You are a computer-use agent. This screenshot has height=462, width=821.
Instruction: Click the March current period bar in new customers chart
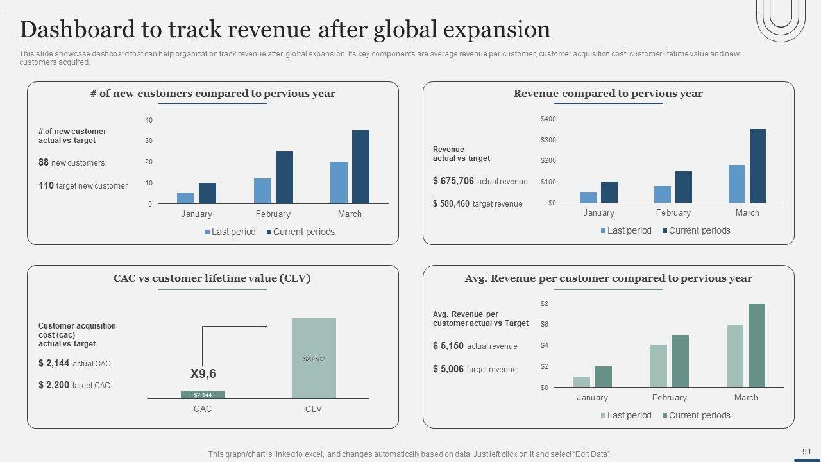(x=360, y=167)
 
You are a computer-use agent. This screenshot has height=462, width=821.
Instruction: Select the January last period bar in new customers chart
(x=185, y=198)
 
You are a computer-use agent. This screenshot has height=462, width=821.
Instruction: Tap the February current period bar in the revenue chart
(x=683, y=187)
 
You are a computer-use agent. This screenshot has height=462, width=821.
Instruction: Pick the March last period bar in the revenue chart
(x=736, y=184)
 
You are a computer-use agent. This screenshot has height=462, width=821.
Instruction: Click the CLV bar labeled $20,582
(x=314, y=358)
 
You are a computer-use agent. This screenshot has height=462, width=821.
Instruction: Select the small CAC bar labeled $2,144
(x=203, y=395)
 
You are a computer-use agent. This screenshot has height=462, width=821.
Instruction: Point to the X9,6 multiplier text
(x=203, y=373)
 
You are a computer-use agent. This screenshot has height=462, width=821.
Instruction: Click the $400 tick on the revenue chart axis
(x=548, y=119)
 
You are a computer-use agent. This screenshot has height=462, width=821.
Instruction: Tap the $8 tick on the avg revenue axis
(x=545, y=304)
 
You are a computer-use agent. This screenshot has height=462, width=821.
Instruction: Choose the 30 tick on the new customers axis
(x=149, y=141)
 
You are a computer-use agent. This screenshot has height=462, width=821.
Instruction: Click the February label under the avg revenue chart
(x=669, y=398)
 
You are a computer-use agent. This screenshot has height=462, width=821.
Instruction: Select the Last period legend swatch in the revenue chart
(x=604, y=231)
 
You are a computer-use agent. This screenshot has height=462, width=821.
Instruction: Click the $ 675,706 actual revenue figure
(x=453, y=181)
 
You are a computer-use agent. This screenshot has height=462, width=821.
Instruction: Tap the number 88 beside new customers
(x=44, y=162)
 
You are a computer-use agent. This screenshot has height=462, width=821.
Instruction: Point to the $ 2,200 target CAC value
(x=54, y=385)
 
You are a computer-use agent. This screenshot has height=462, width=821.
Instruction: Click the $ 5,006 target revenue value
(x=448, y=369)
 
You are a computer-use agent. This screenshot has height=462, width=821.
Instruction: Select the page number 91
(x=807, y=452)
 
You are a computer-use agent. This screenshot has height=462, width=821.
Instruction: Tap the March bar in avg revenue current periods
(x=757, y=345)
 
